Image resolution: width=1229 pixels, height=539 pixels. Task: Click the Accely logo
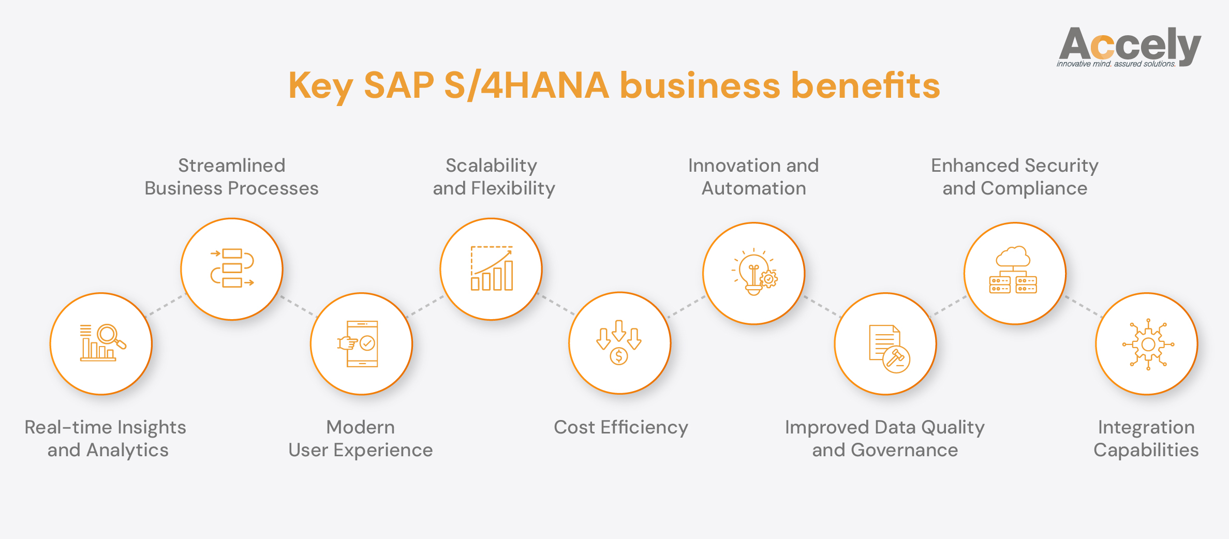tap(1129, 45)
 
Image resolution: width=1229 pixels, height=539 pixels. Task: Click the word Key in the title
tap(320, 86)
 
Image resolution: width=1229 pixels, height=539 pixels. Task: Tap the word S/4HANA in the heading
tap(526, 86)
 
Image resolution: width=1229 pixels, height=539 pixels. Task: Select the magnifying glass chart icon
tap(102, 342)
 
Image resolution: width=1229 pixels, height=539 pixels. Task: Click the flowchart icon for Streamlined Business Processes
tap(232, 268)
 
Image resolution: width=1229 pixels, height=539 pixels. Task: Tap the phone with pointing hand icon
tap(360, 343)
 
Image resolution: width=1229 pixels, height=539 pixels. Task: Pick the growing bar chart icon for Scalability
tap(491, 268)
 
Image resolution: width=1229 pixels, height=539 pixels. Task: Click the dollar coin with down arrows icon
tap(619, 342)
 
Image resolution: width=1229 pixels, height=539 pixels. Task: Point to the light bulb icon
tap(753, 273)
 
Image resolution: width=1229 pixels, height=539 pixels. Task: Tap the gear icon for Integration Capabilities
tap(1148, 344)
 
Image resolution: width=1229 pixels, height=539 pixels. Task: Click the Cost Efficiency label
tap(621, 427)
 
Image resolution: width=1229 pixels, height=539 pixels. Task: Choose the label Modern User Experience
tap(360, 439)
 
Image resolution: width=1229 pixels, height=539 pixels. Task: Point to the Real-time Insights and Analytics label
tap(106, 439)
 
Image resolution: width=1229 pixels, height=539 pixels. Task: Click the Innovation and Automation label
tap(753, 177)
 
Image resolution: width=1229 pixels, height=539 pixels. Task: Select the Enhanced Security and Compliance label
tap(1014, 177)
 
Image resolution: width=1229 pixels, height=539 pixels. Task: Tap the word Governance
tap(904, 450)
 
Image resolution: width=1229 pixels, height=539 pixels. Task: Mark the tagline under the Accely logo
tap(1116, 64)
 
